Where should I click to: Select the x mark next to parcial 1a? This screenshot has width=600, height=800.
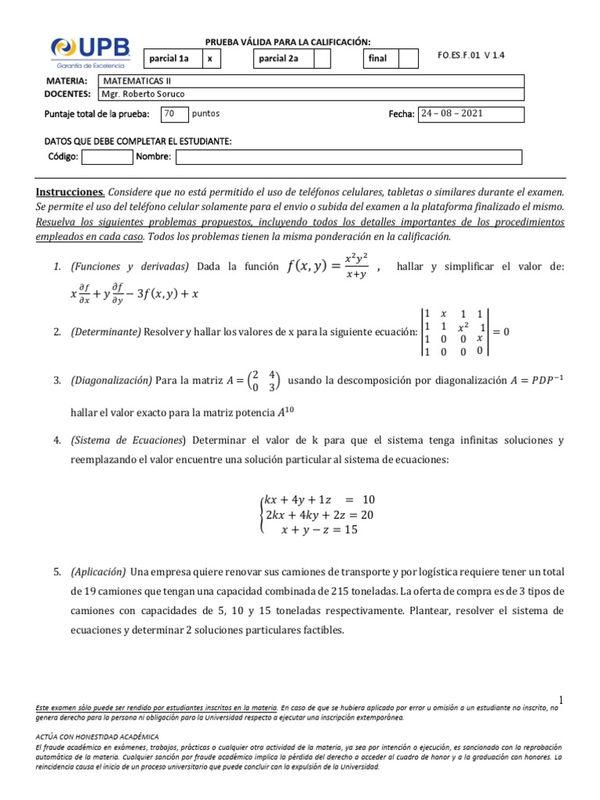pos(210,59)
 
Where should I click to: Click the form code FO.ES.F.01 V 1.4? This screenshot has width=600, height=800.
pos(472,55)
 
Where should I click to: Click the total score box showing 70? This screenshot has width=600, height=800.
pos(174,114)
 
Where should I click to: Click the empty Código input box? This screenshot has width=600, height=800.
pos(107,158)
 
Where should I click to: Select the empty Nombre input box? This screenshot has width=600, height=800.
pos(348,158)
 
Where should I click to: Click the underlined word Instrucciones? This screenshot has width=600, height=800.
pos(70,192)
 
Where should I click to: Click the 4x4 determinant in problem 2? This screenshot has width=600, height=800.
pos(455,331)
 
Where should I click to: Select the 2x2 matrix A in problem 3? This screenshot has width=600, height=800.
pos(263,380)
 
